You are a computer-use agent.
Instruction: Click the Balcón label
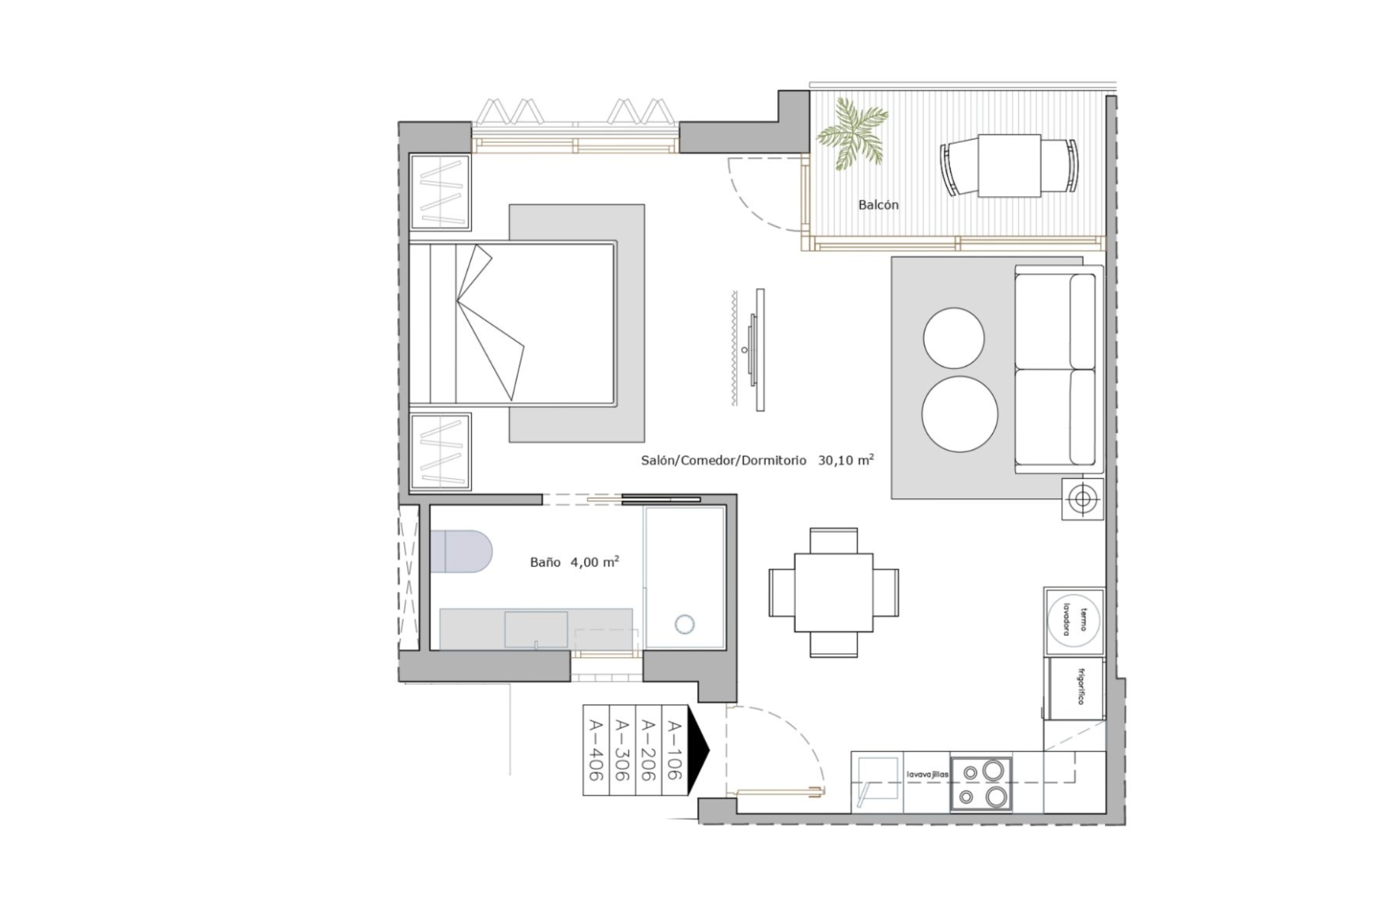(878, 205)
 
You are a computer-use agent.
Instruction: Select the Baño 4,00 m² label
(574, 562)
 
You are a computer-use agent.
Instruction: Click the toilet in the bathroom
(461, 552)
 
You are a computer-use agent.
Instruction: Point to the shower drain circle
(684, 623)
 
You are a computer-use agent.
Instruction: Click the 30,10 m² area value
(846, 460)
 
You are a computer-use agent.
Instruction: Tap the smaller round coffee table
(953, 338)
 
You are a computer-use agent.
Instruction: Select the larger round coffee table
(960, 414)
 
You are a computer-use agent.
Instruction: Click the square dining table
(834, 593)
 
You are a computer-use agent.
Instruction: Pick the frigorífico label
(1080, 686)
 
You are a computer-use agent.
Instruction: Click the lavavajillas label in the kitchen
(928, 775)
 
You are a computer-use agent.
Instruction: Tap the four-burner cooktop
(981, 784)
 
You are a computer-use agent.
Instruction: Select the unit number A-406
(596, 750)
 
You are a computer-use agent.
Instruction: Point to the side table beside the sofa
(1083, 498)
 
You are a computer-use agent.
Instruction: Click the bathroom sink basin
(536, 629)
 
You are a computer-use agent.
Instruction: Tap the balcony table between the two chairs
(1009, 165)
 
